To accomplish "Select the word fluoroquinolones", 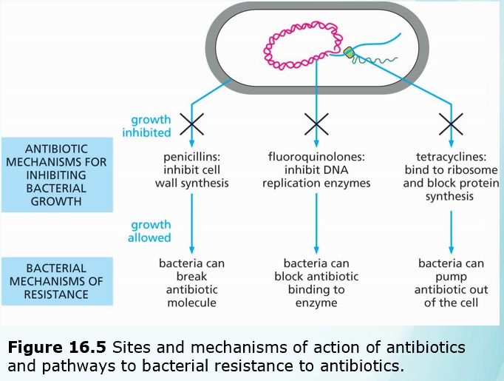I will pyautogui.click(x=316, y=156).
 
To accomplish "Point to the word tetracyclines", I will pyautogui.click(x=451, y=156).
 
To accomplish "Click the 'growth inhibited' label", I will pyautogui.click(x=151, y=126).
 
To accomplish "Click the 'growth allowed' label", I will pyautogui.click(x=151, y=231).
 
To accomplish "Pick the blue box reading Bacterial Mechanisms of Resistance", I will pyautogui.click(x=57, y=281).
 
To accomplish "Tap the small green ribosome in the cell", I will pyautogui.click(x=349, y=52).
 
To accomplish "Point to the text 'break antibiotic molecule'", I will pyautogui.click(x=192, y=289).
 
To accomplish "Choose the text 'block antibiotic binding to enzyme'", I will pyautogui.click(x=316, y=289).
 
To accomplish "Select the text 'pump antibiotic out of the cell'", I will pyautogui.click(x=451, y=289).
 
